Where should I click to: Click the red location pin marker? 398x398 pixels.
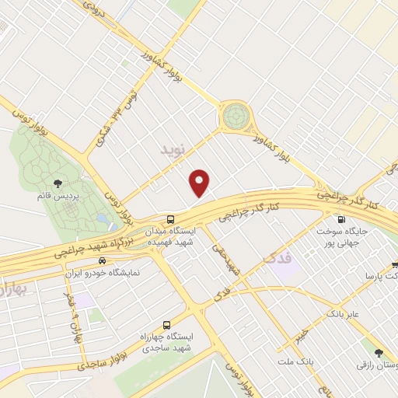pyautogui.click(x=201, y=182)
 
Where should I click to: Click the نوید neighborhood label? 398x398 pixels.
pyautogui.click(x=174, y=146)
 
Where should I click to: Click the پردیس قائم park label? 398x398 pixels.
pyautogui.click(x=59, y=196)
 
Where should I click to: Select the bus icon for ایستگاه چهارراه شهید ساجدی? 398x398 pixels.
pyautogui.click(x=166, y=326)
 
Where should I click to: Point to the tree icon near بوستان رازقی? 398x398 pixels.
pyautogui.click(x=379, y=352)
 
